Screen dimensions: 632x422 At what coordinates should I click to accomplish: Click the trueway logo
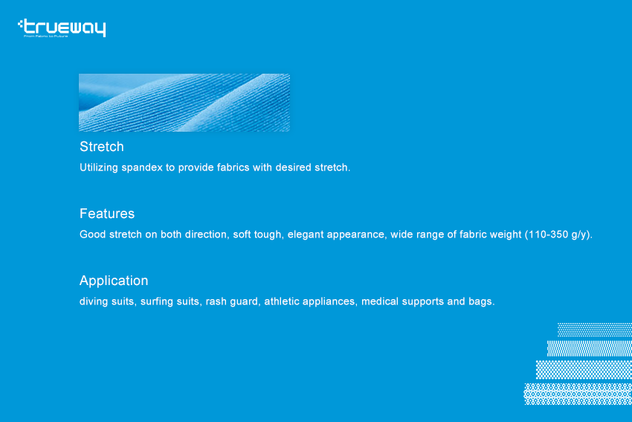(62, 28)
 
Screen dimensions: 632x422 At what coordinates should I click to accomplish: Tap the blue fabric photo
(184, 103)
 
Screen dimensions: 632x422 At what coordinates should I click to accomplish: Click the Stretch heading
(102, 147)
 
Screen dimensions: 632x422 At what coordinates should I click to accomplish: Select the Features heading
(107, 214)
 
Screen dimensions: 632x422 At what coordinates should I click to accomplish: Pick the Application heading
(114, 281)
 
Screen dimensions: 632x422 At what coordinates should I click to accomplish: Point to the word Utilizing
(99, 167)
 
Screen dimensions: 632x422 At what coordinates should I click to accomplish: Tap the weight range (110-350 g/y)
(558, 234)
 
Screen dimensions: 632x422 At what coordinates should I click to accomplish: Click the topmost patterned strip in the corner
(595, 330)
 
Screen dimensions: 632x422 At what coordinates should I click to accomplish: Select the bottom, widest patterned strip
(578, 394)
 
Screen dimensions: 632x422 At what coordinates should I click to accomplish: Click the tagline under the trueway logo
(45, 36)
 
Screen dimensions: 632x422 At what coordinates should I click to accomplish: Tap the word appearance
(355, 234)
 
